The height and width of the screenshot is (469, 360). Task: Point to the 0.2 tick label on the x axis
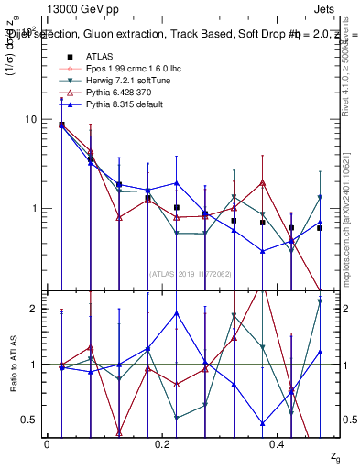pyautogui.click(x=162, y=443)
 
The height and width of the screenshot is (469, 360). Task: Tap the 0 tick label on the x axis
pyautogui.click(x=47, y=443)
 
